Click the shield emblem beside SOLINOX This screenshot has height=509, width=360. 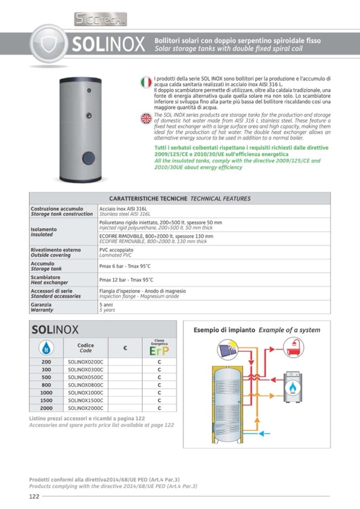coord(48,44)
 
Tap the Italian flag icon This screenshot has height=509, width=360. coord(145,82)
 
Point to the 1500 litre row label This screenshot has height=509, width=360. coord(46,400)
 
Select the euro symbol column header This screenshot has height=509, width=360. coord(125,348)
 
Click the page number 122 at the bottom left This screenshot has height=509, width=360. coord(35,496)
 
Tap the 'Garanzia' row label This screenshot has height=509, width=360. coord(41,305)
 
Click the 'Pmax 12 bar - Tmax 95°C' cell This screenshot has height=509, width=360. coord(126,280)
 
